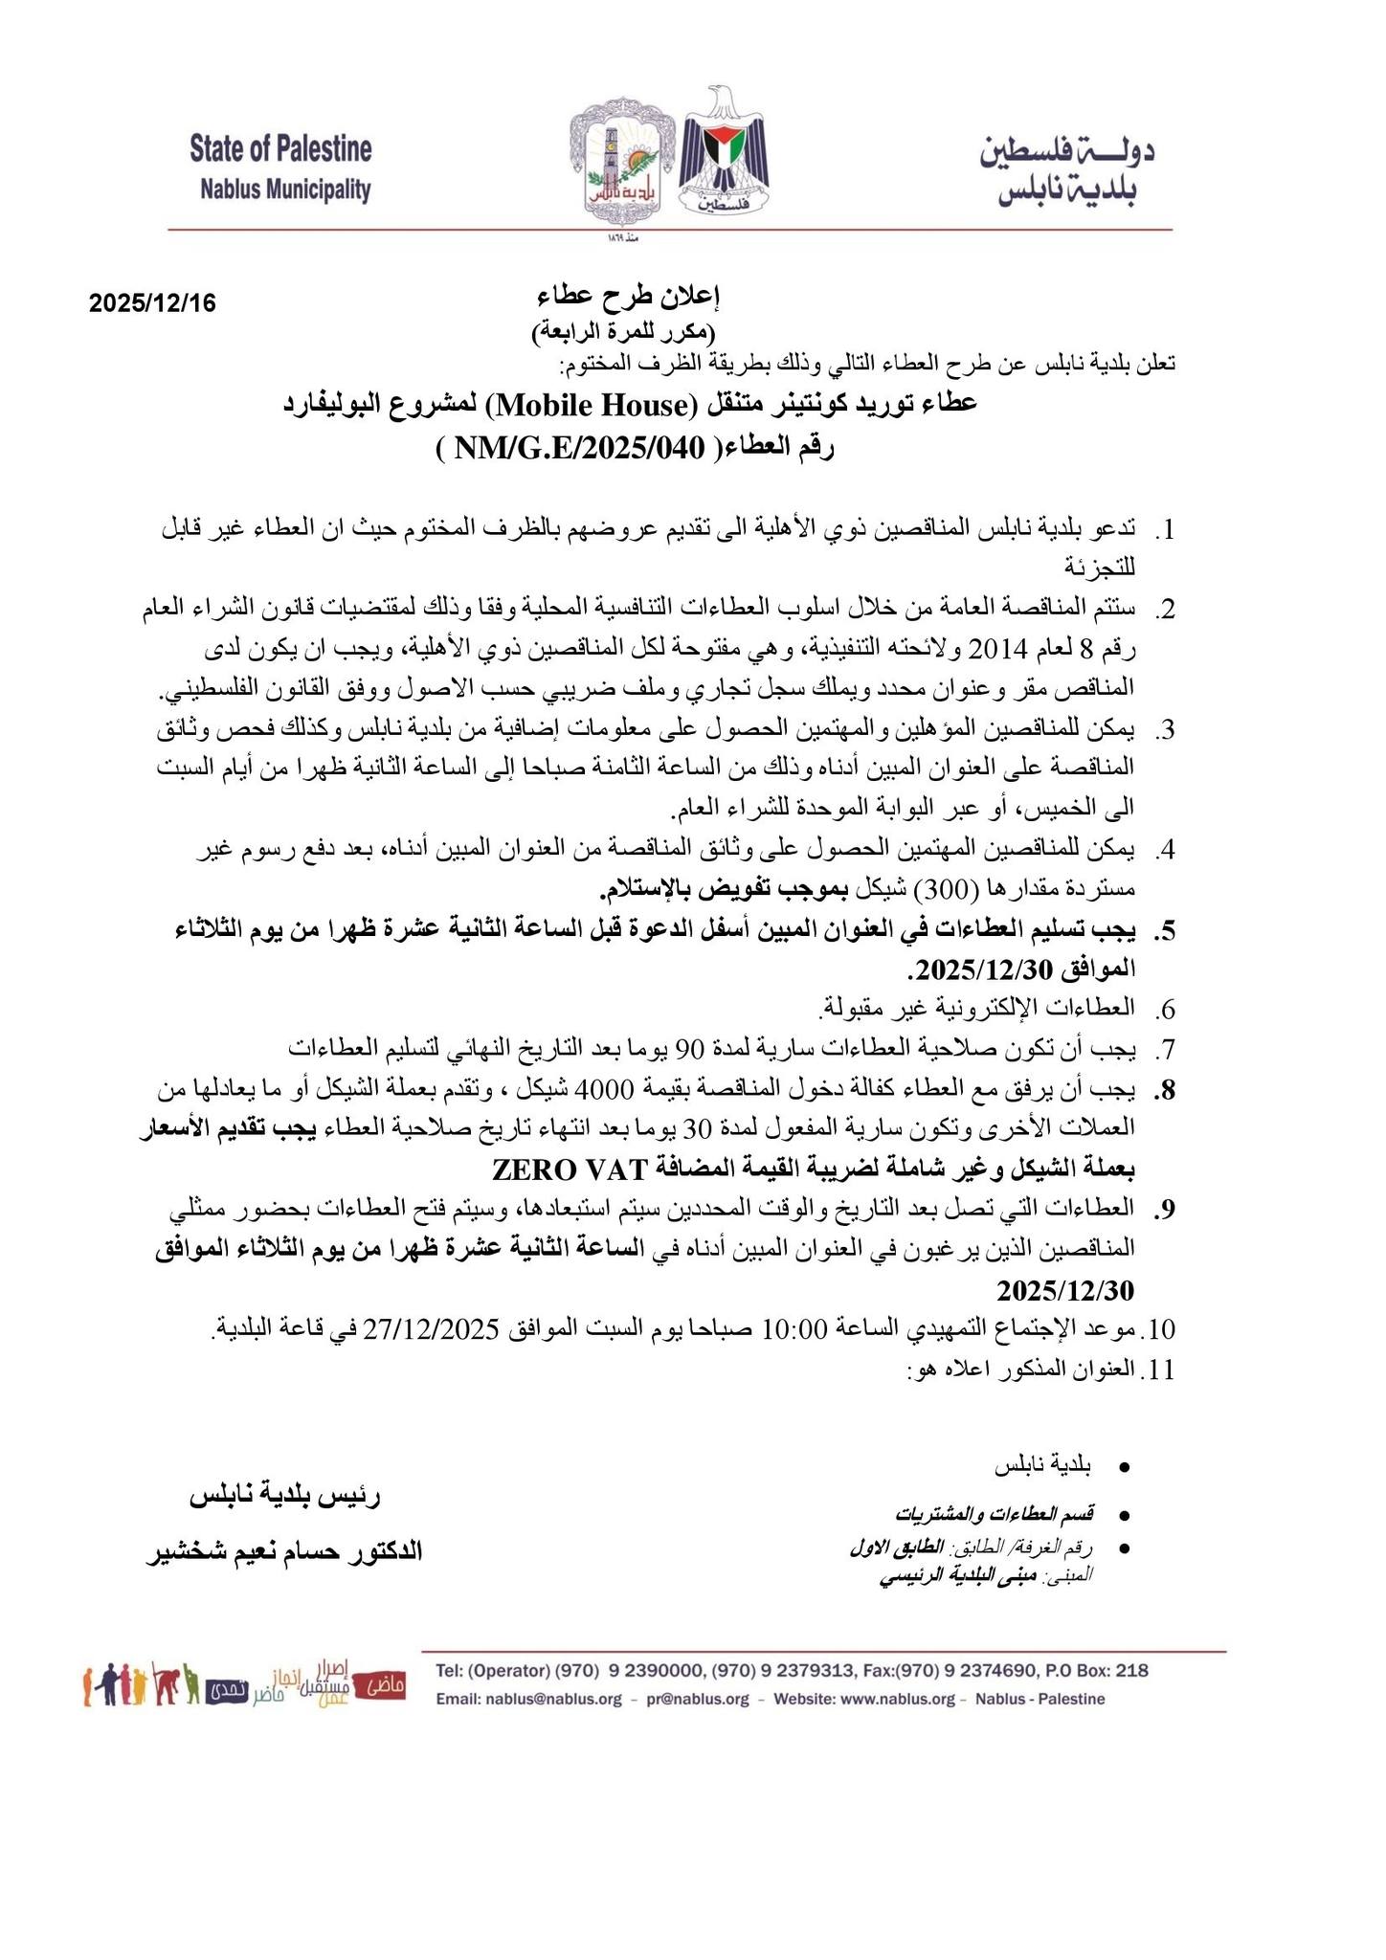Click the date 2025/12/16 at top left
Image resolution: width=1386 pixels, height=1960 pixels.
pos(153,303)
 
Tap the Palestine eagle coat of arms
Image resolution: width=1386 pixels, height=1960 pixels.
pos(723,153)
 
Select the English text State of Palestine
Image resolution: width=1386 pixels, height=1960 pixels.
pos(280,149)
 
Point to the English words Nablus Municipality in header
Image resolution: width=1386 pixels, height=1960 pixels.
pos(285,189)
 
